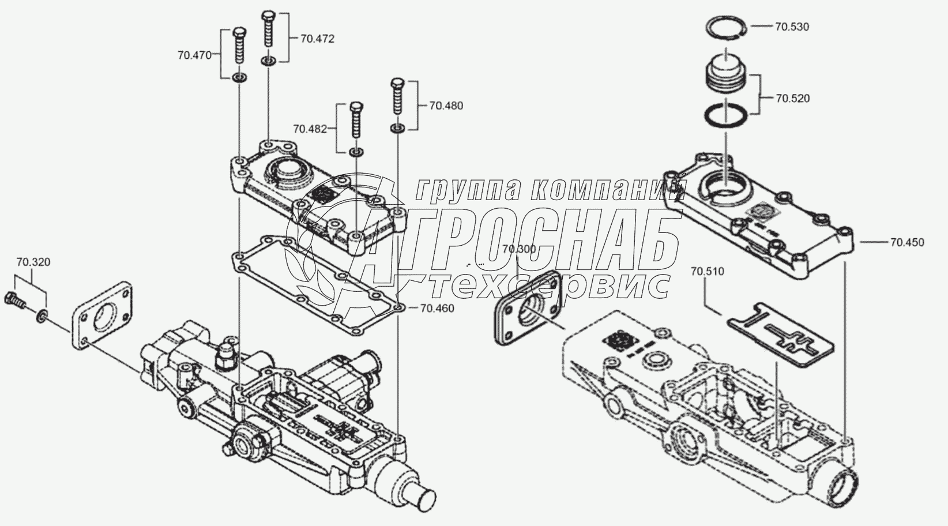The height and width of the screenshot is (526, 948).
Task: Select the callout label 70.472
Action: tap(317, 39)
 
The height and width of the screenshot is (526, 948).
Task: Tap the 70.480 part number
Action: tap(446, 106)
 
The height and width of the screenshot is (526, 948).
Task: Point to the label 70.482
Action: tap(310, 128)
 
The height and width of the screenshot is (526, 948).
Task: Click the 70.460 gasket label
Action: tap(437, 309)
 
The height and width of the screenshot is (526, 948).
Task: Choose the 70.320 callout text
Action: tap(33, 262)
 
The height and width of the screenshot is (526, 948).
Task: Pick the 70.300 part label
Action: tap(519, 249)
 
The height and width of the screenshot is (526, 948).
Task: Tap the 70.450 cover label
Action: tap(907, 242)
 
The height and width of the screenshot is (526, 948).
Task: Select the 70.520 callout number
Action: tap(792, 98)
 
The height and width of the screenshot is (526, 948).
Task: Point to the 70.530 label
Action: tap(792, 27)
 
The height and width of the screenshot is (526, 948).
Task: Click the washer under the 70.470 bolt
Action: tap(240, 77)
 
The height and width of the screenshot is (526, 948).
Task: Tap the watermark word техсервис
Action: tap(548, 284)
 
